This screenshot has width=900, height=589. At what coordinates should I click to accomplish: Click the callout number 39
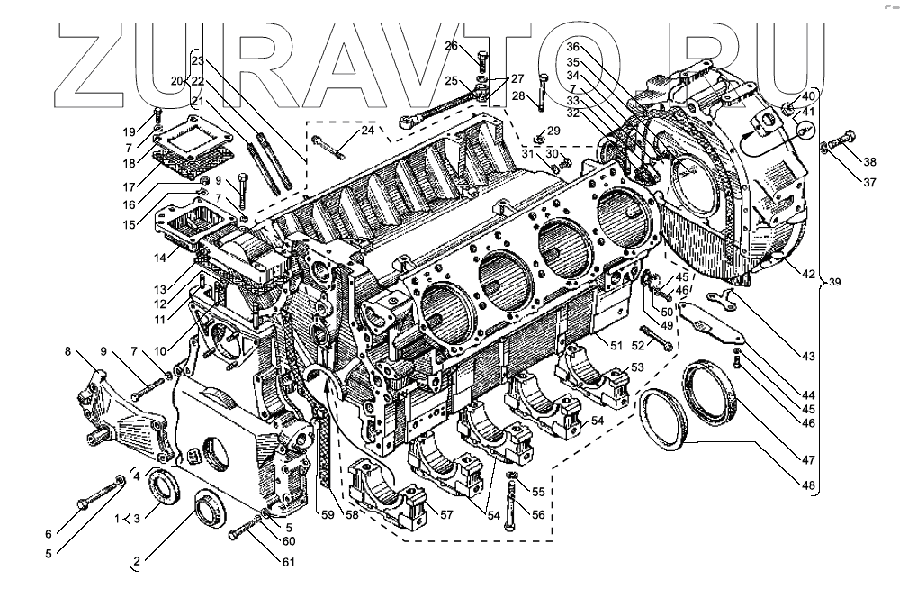point(834,283)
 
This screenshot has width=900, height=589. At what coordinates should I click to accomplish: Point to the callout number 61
point(288,562)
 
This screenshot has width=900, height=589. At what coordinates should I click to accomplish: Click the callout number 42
point(809,274)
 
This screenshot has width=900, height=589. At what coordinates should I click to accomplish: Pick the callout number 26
point(451,46)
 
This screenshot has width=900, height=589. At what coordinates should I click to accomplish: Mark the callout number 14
point(159,258)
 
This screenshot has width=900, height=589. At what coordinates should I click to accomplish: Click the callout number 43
point(809,357)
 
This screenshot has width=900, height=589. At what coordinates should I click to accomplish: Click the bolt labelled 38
point(840,142)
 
